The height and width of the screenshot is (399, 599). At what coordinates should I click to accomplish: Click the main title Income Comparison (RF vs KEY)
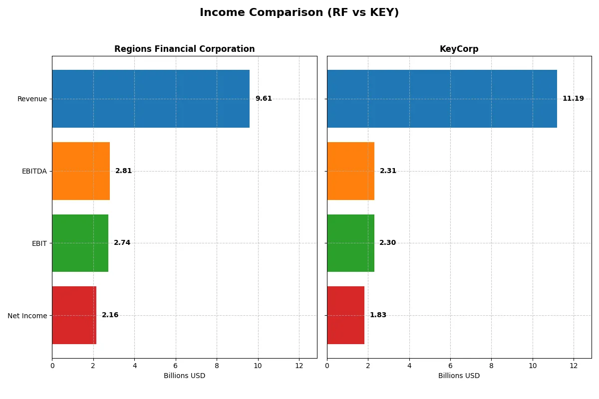coord(299,13)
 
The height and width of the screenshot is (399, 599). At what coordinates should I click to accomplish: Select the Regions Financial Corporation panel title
coord(184,49)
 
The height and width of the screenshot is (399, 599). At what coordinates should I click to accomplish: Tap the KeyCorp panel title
coord(459,49)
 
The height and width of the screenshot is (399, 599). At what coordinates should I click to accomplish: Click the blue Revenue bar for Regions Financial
coord(151,99)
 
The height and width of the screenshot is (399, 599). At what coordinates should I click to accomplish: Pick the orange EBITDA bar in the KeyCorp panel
coord(350,171)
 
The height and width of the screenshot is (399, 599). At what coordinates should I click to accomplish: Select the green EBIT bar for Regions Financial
coord(80,243)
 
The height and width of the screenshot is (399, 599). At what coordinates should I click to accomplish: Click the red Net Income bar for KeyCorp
coord(345,315)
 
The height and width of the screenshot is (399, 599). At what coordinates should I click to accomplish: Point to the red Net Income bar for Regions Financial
coord(74,315)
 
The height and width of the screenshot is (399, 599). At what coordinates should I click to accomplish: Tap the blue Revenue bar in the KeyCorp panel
coord(442,99)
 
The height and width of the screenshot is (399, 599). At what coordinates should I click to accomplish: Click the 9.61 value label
coord(264,99)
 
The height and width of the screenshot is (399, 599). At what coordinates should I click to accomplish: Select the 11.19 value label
coord(573,99)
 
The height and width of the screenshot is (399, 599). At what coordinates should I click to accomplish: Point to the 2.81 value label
coord(123,171)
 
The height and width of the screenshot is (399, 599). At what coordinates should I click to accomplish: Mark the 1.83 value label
coord(378,315)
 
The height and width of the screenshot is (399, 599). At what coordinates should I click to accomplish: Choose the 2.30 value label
coord(387,243)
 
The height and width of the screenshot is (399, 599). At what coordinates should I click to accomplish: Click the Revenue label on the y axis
coord(32,99)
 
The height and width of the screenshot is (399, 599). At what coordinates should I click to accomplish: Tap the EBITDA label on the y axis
coord(34,171)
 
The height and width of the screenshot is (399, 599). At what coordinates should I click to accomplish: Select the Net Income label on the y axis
coord(27,316)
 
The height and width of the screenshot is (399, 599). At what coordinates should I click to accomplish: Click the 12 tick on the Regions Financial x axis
coord(299,365)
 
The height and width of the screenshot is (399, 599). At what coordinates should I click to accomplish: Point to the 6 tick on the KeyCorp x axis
coord(450,365)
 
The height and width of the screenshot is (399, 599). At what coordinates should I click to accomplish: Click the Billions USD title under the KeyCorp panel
coord(459,376)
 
